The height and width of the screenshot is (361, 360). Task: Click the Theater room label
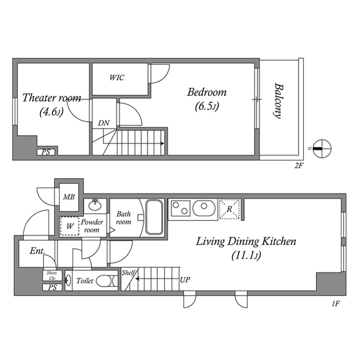(52, 98)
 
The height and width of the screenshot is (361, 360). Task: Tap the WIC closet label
(117, 77)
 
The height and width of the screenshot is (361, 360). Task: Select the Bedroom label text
(207, 92)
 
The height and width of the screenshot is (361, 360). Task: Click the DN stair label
(104, 123)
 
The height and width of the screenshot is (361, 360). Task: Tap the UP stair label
(185, 279)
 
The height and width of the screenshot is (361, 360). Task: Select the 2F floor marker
(299, 166)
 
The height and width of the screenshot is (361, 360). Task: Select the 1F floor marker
(336, 304)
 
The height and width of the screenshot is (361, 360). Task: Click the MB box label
(69, 197)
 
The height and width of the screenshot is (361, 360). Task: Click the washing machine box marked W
(69, 226)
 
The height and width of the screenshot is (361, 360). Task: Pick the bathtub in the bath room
(154, 217)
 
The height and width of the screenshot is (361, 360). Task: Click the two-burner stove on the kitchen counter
(180, 208)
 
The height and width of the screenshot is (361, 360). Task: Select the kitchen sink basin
(203, 208)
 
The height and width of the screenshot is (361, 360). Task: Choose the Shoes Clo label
(51, 276)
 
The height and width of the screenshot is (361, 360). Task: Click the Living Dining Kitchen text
(246, 242)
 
